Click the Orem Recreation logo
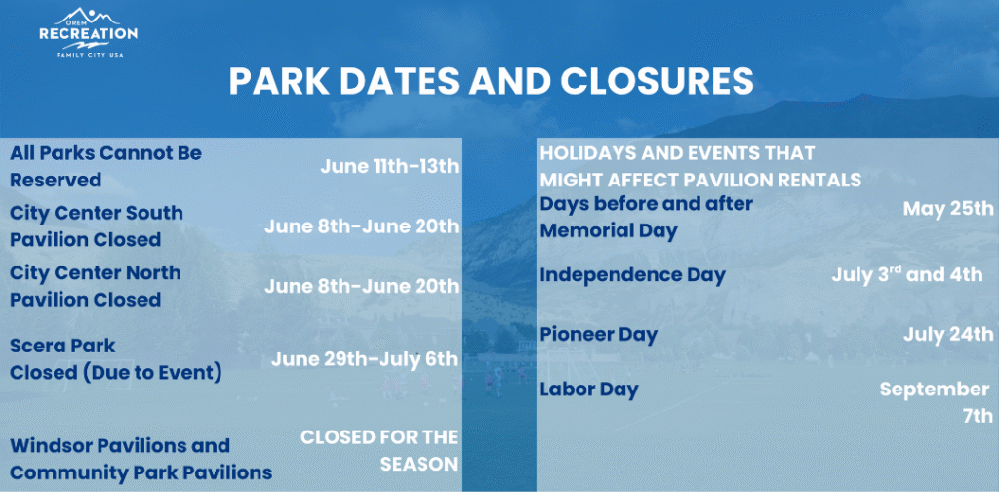click(88, 32)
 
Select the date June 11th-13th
click(389, 167)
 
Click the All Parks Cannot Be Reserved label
click(105, 166)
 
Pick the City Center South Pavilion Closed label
click(97, 226)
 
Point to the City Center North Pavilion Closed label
click(96, 286)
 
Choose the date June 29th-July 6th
click(365, 359)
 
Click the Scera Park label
click(62, 346)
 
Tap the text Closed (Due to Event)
click(116, 373)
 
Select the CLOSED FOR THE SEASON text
click(380, 450)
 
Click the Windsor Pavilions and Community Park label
click(140, 459)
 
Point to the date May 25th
click(948, 208)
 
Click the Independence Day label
click(632, 275)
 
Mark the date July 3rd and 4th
click(907, 274)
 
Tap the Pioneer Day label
click(599, 335)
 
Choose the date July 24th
click(948, 333)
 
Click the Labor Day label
click(589, 389)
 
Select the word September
click(935, 389)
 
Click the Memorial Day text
click(609, 230)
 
